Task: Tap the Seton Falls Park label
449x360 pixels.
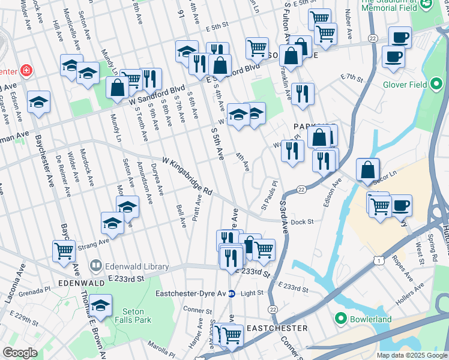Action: point(133,316)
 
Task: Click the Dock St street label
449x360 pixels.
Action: point(302,222)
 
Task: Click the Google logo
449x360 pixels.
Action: point(20,353)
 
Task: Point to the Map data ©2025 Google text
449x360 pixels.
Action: point(411,355)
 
